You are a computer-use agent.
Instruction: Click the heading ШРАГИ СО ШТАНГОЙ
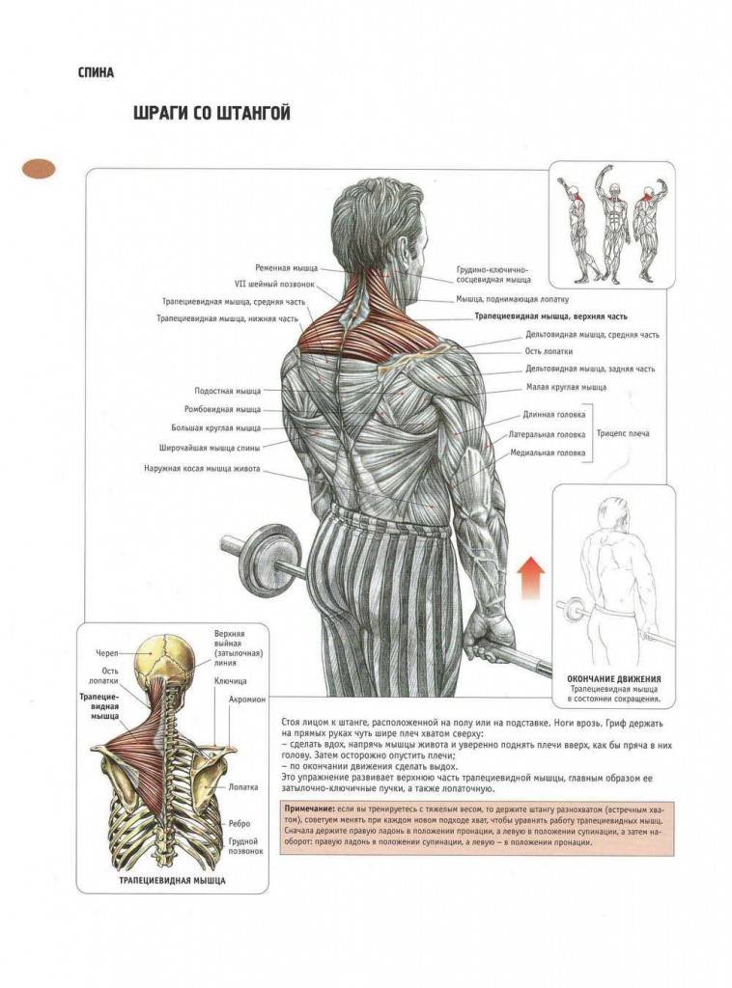211,114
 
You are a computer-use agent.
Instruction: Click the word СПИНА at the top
96,72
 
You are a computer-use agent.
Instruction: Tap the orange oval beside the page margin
39,168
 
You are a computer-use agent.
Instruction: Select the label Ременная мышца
286,268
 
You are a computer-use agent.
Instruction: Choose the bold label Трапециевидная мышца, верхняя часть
550,316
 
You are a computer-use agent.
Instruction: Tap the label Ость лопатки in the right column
549,351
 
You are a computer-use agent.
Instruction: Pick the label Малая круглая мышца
566,388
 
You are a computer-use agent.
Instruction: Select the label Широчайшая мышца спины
210,448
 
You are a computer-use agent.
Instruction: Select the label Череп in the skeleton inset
106,652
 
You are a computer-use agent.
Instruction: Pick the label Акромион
247,700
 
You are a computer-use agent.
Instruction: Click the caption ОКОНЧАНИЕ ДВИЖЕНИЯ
614,679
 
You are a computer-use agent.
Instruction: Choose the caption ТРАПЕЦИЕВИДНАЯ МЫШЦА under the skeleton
172,880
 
